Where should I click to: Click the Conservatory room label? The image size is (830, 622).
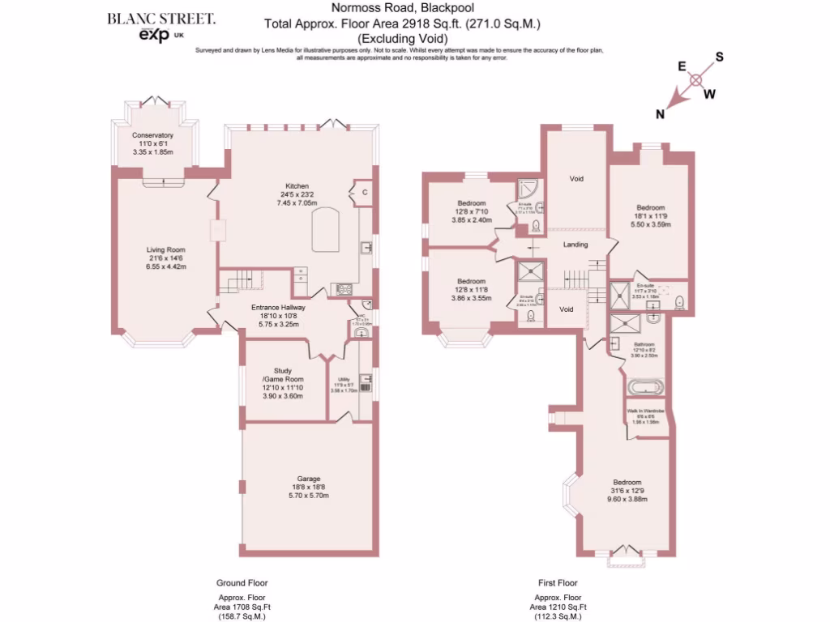153,135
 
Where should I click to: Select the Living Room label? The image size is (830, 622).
166,249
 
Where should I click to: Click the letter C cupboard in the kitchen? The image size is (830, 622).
365,193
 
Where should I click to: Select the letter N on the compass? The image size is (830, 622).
661,114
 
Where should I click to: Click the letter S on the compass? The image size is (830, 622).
718,58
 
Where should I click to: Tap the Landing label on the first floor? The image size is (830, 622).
575,244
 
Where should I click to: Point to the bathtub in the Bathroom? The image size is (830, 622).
645,386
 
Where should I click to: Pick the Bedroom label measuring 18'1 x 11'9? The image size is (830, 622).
651,207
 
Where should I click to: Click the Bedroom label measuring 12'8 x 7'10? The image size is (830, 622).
472,202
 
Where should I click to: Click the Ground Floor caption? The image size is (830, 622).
242,582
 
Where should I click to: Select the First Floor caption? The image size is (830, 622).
558,582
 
